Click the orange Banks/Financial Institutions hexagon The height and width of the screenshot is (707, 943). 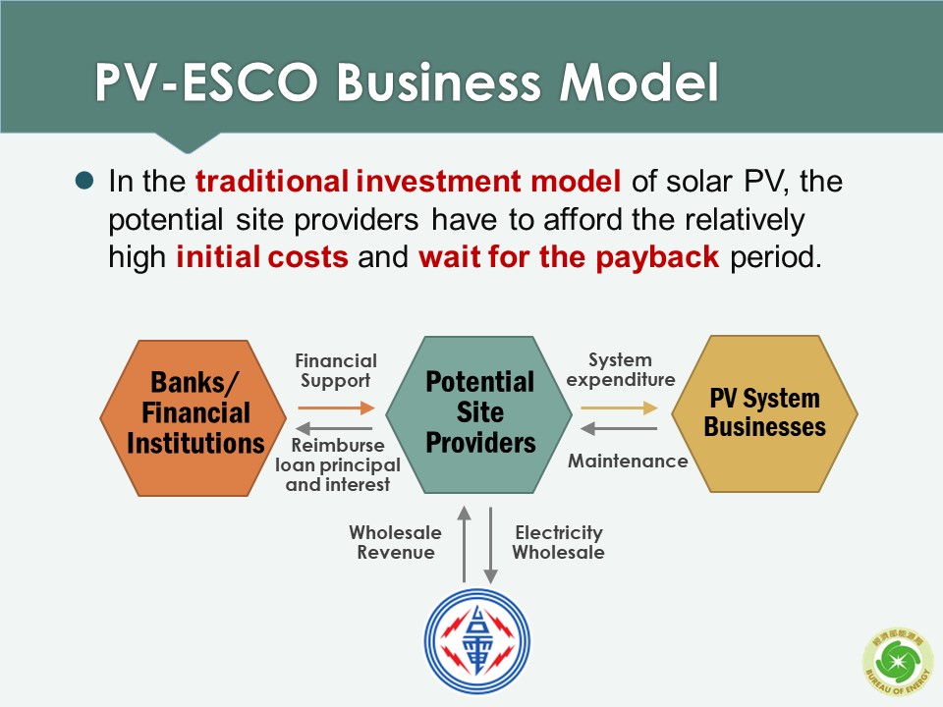194,418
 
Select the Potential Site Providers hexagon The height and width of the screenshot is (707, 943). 478,414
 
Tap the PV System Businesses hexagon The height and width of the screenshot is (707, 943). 764,413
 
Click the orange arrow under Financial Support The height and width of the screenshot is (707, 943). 336,408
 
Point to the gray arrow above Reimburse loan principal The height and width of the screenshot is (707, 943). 334,429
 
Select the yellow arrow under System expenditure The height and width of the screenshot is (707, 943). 620,408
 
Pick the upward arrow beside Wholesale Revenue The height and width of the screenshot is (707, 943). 464,544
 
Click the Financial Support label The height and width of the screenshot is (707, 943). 336,370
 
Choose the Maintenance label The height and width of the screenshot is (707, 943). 628,462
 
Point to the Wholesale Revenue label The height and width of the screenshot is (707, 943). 395,542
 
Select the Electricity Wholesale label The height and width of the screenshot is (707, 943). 558,542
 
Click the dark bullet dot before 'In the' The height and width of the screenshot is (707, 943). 84,181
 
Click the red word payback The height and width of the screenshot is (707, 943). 657,257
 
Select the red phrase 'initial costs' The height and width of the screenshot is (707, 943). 262,257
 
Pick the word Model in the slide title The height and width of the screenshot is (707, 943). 638,82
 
